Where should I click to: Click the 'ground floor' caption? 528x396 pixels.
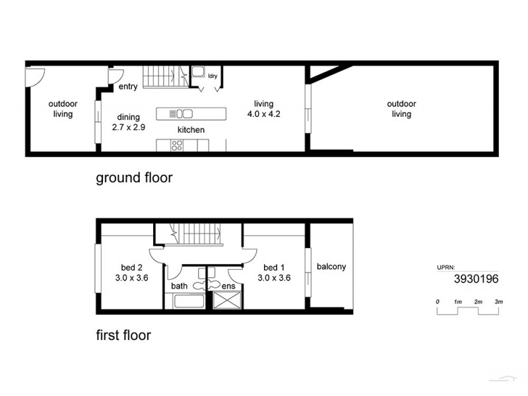134,178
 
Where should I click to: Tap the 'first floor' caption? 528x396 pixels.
123,335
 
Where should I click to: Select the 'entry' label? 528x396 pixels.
128,86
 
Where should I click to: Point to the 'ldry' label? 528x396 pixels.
213,76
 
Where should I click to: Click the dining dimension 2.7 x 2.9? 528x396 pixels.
128,127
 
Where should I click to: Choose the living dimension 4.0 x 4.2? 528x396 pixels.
264,114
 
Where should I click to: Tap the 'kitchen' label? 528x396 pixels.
191,130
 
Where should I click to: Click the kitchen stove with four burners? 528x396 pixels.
177,145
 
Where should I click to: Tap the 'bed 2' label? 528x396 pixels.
131,267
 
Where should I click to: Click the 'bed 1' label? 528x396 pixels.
274,267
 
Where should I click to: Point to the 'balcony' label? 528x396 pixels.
331,267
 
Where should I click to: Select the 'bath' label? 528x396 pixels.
180,286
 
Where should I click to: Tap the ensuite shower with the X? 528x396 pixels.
226,302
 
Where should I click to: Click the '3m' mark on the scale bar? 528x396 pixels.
499,302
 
